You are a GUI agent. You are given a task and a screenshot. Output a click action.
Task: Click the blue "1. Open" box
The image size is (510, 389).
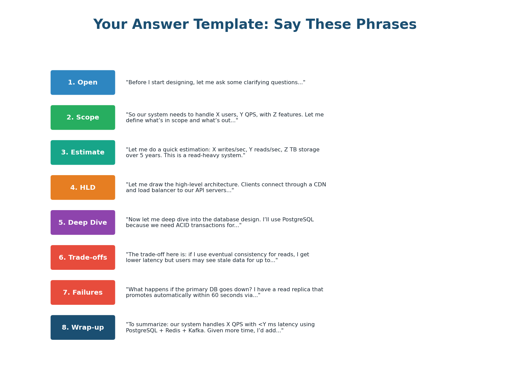pos(83,82)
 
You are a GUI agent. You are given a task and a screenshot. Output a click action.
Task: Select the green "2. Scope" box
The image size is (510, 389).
pos(83,117)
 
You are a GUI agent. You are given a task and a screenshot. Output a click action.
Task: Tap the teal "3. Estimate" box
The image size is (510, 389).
pos(83,152)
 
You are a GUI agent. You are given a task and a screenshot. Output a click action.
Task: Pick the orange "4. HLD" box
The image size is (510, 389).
pos(83,187)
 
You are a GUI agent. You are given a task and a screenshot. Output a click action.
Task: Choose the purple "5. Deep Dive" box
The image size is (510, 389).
pos(83,222)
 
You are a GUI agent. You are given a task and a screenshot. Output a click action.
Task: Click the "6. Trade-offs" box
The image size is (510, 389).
pos(83,257)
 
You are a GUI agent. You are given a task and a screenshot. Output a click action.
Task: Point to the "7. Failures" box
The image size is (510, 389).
pos(83,292)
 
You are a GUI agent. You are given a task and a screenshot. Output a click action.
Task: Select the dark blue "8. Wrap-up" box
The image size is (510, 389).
pos(83,327)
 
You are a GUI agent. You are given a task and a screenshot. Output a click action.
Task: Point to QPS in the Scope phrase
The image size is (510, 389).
pos(256,115)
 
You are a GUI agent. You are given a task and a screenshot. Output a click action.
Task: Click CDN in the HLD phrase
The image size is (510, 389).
pos(319,185)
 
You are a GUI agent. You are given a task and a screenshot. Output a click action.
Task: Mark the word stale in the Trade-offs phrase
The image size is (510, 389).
pos(207,261)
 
